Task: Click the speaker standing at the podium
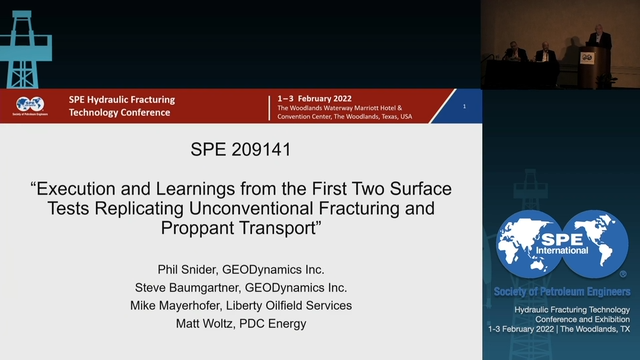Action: point(601,43)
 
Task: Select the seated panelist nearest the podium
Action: point(544,51)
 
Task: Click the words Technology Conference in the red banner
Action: point(119,112)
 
